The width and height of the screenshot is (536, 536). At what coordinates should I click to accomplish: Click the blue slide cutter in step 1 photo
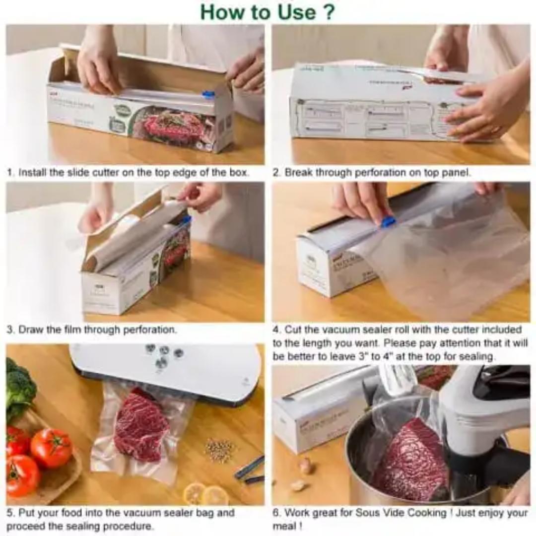(x=208, y=94)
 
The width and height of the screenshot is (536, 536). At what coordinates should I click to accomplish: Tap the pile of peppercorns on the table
(x=220, y=450)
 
